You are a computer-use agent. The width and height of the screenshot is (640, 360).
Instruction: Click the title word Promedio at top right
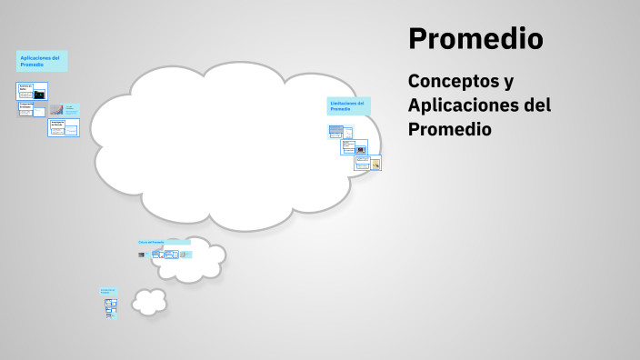[x=475, y=39]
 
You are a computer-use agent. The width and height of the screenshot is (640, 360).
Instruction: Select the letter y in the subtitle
[x=508, y=82]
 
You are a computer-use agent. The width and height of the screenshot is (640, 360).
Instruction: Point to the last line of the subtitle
[x=450, y=130]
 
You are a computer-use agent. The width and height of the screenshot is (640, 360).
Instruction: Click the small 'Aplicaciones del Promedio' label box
[x=42, y=61]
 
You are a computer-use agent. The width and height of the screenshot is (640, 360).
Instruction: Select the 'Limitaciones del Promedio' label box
[x=348, y=105]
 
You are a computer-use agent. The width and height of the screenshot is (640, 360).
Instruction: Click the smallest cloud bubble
[x=149, y=301]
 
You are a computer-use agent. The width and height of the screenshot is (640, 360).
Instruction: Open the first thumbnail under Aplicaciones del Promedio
[x=32, y=91]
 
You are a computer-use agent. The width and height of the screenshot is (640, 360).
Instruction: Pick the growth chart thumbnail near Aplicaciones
[x=56, y=110]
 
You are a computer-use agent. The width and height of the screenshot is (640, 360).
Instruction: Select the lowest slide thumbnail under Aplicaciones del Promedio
[x=64, y=128]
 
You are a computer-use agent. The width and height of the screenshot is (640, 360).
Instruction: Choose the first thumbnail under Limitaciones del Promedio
[x=335, y=131]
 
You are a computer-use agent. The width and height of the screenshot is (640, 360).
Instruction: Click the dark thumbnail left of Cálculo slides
[x=142, y=255]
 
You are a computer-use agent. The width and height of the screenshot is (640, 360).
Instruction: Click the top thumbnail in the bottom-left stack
[x=111, y=303]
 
